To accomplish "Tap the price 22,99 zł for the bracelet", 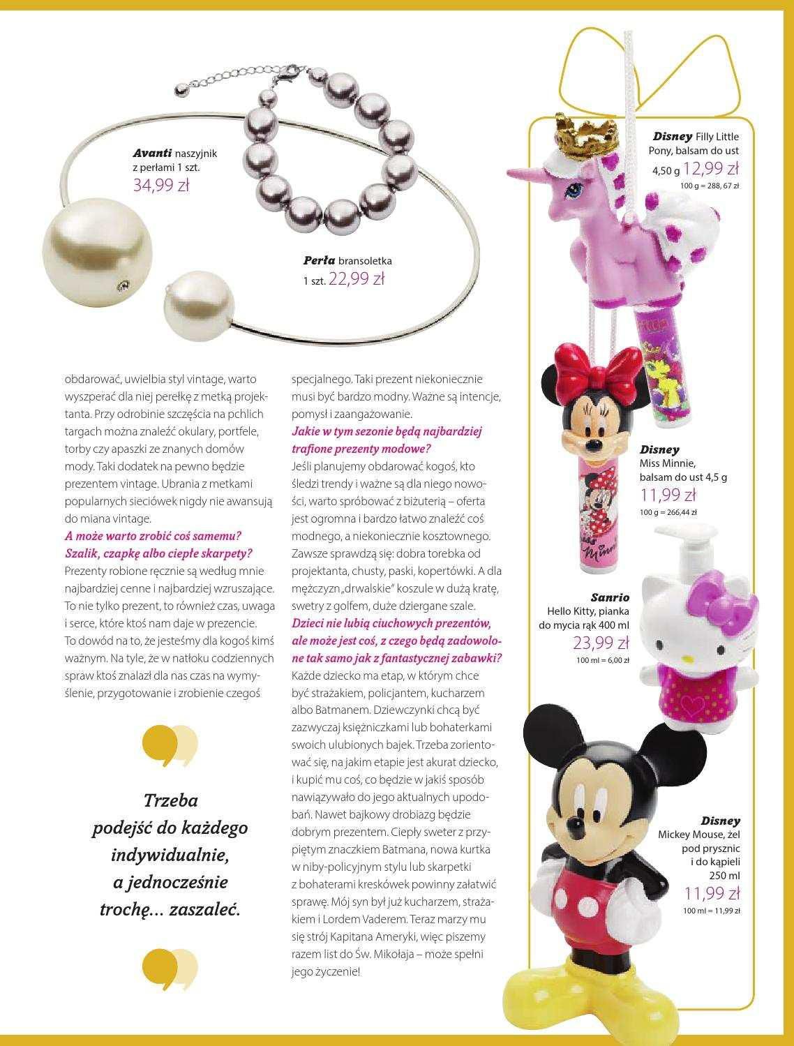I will click(357, 279).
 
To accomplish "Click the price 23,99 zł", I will click(601, 643).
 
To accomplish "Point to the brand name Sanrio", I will click(610, 597).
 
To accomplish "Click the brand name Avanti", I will click(153, 153).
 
